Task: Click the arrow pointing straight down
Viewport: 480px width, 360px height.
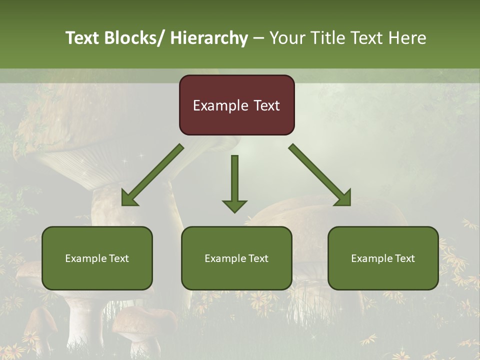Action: pos(234,180)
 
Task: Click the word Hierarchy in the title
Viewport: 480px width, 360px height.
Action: pos(209,38)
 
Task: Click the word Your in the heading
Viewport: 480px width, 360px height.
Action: pos(287,38)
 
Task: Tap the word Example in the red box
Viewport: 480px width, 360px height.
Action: pos(220,105)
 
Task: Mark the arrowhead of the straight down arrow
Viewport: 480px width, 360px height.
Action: pos(234,205)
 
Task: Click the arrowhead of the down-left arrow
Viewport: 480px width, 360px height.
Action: pos(128,199)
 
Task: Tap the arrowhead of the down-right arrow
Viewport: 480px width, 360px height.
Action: pos(344,199)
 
